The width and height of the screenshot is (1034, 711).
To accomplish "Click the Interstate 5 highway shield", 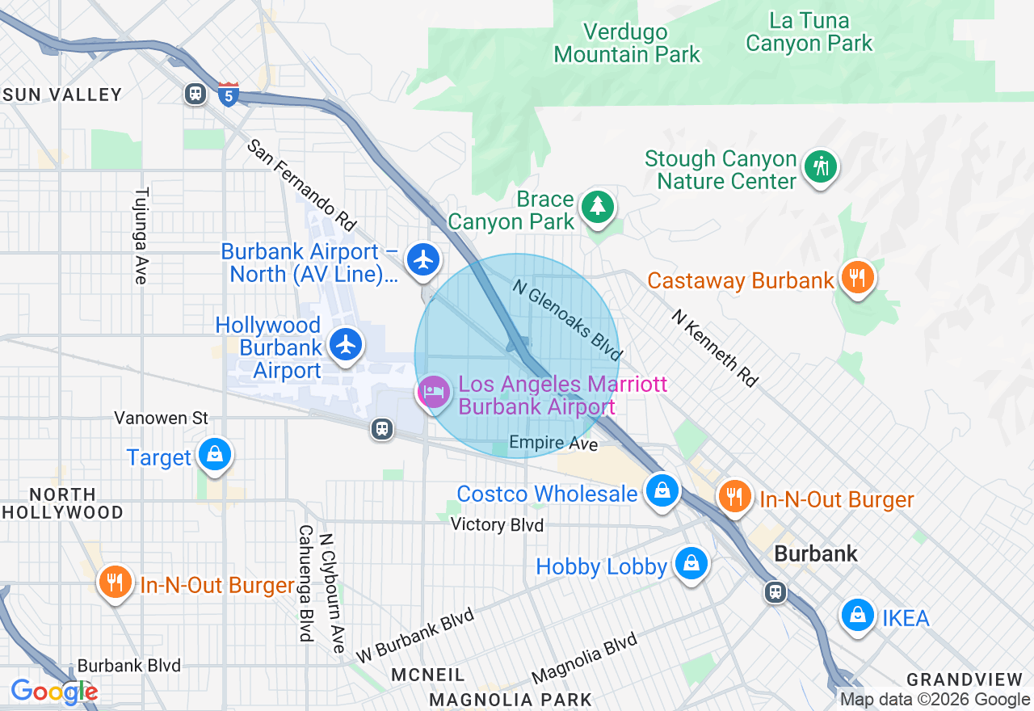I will pos(229,94).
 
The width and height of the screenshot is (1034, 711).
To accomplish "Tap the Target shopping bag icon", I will pos(215,455).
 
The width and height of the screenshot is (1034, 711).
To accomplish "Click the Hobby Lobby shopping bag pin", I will pos(691,564).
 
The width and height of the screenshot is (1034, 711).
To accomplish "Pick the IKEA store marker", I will pos(858,616).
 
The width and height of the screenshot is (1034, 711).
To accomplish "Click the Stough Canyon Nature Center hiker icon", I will pos(821,166).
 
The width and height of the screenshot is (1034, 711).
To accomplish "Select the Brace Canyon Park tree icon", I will pos(598,207).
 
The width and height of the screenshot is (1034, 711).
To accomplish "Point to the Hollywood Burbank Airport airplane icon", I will pos(347,345).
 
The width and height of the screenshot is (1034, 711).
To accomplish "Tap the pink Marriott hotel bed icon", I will pos(434,393).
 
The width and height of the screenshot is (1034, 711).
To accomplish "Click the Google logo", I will pos(54,692).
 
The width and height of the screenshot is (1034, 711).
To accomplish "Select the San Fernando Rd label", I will pos(301,183).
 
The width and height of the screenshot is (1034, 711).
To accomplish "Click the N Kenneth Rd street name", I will pos(714,347).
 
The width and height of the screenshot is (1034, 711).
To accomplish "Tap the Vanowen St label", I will pos(161,418).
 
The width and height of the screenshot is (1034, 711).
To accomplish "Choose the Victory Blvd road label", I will pos(497,524).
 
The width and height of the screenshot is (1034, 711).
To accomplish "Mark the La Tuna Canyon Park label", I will pos(809,32).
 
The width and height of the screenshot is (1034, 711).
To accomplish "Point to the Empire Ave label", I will pos(553,444).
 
